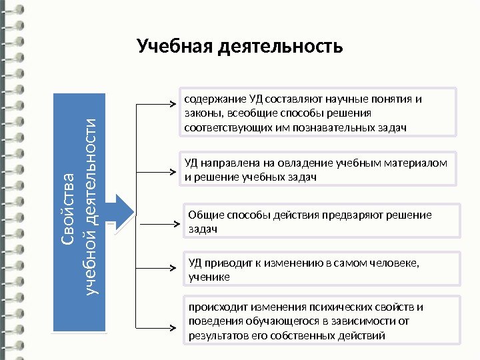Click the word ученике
pyautogui.click(x=209, y=276)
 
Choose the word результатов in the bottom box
pyautogui.click(x=216, y=335)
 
